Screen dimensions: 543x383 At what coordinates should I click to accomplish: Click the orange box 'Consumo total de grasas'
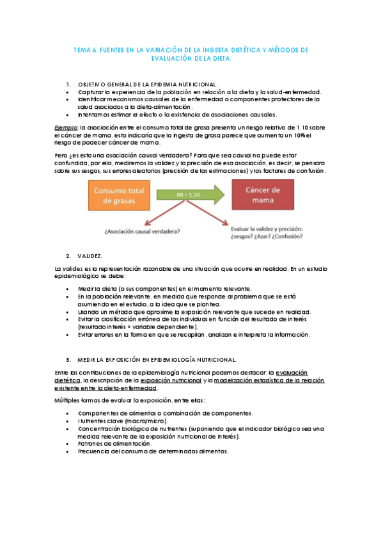coord(121,195)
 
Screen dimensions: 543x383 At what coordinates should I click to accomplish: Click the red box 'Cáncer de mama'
coord(263,195)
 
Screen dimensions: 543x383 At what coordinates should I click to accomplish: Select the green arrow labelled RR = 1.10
coord(191,193)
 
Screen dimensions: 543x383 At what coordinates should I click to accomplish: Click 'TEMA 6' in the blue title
coord(84,49)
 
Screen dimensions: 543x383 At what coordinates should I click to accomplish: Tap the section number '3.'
coord(68,360)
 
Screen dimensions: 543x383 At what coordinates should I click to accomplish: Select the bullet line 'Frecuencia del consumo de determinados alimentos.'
coord(153,451)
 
